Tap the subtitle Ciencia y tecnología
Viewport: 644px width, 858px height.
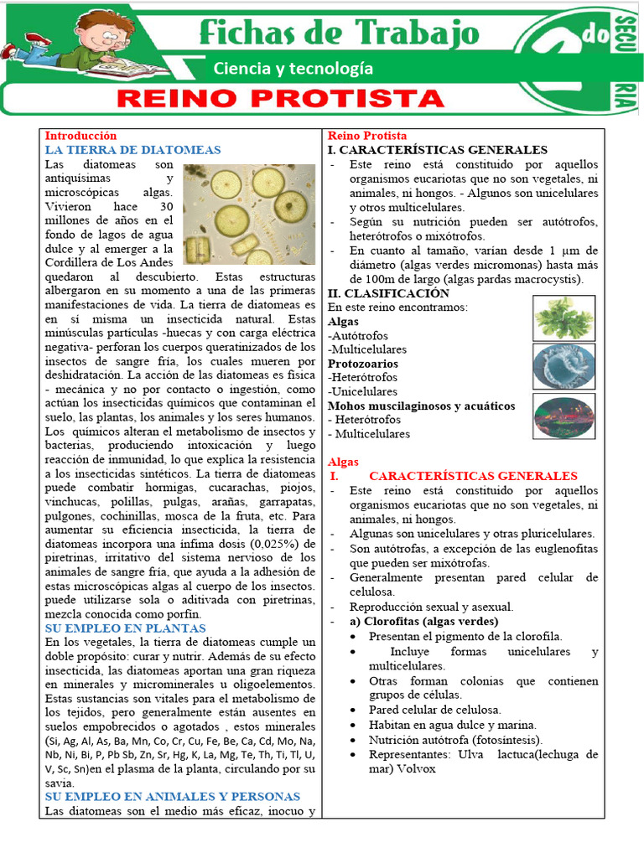point(293,69)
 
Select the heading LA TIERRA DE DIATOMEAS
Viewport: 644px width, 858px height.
point(132,150)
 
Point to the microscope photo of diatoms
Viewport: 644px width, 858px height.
point(248,214)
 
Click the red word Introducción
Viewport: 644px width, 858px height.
point(80,136)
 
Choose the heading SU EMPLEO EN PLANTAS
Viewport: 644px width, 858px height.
point(125,628)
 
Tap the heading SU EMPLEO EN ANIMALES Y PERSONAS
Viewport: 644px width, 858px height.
point(172,797)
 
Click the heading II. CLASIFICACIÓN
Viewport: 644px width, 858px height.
point(388,293)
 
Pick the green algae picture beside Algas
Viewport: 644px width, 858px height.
point(564,318)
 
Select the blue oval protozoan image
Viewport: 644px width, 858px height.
point(564,366)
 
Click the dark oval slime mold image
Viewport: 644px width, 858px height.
point(564,416)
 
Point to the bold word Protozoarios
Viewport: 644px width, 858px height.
point(363,364)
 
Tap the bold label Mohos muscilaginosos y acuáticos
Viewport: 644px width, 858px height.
point(422,406)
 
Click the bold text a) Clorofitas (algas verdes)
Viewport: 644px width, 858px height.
point(423,622)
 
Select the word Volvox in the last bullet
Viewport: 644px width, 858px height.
point(417,768)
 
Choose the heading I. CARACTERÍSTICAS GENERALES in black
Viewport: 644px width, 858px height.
point(437,150)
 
